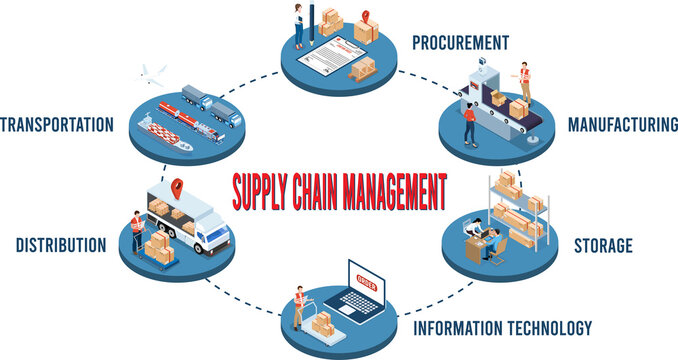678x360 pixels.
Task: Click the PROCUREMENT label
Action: point(461,42)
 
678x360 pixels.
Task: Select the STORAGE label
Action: point(602,245)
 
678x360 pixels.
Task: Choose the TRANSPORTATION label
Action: point(57,125)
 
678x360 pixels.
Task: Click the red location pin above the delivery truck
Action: point(179,188)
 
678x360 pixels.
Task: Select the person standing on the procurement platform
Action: point(298,22)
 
